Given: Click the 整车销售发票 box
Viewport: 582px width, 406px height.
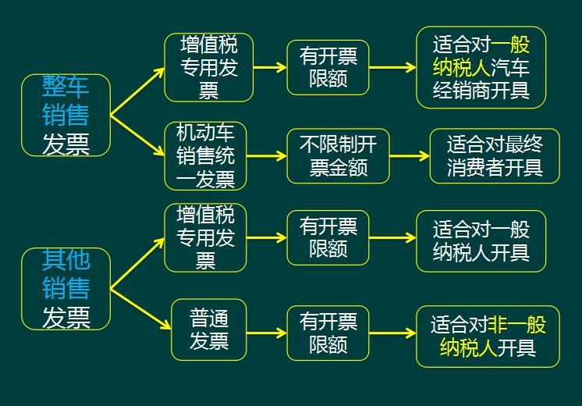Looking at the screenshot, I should pyautogui.click(x=66, y=116).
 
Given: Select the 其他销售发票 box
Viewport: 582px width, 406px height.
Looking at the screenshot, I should pyautogui.click(x=66, y=289).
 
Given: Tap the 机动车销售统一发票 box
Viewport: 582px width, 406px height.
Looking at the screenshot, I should pyautogui.click(x=205, y=155).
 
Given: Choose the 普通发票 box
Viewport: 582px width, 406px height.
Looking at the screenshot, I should pyautogui.click(x=208, y=329).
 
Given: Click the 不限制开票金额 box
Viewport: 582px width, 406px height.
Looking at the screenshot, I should pyautogui.click(x=338, y=155).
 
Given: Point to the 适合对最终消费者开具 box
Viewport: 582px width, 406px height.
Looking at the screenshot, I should pyautogui.click(x=494, y=155).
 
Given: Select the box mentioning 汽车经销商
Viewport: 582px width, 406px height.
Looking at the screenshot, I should pyautogui.click(x=481, y=67).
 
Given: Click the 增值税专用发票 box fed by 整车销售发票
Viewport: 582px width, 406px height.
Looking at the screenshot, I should pyautogui.click(x=208, y=67).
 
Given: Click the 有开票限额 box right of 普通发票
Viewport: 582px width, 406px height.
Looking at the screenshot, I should pyautogui.click(x=328, y=333).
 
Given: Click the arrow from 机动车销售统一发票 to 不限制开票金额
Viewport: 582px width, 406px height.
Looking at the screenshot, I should pyautogui.click(x=266, y=155).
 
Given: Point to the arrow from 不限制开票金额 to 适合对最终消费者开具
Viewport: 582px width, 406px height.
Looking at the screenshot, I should pyautogui.click(x=409, y=155).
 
